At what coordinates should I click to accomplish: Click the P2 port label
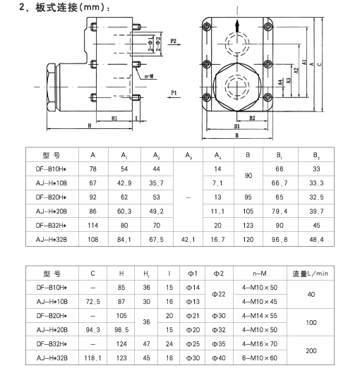point(173,41)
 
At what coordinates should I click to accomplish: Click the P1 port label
point(174,93)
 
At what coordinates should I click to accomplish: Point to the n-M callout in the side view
point(149,76)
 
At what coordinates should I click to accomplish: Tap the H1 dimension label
point(114,118)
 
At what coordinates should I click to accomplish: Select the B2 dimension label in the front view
point(252,118)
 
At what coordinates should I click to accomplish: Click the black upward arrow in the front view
point(237,25)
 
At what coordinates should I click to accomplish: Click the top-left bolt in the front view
point(206,27)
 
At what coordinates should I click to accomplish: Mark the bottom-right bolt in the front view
point(268,97)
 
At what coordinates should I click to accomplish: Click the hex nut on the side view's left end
point(51,87)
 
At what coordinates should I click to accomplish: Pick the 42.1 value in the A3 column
point(188,240)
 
